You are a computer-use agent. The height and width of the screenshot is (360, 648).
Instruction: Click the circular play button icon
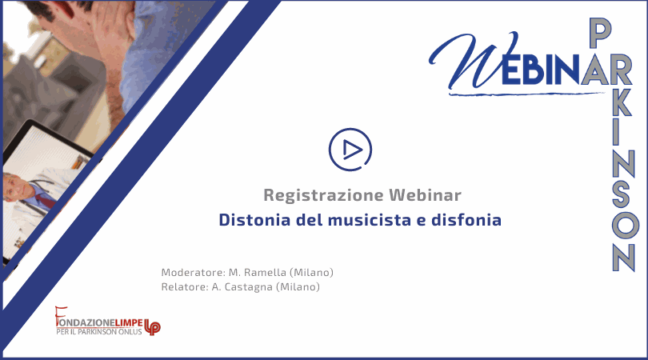pos(350,150)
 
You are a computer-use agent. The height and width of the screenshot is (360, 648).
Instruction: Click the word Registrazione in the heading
pos(323,195)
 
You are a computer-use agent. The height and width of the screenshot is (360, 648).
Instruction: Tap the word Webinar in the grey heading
pos(425,194)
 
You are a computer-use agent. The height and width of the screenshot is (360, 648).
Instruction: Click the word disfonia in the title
pos(466,220)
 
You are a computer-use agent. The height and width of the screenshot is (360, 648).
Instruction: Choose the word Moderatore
pos(193,272)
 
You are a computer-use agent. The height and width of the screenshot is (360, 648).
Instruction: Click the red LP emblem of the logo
pos(152,327)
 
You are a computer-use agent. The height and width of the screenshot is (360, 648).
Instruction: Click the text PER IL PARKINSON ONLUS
pos(99,331)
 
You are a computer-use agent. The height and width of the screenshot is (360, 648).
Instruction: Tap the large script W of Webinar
pos(473,60)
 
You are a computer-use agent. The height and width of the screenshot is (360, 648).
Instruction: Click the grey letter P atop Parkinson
pos(600,33)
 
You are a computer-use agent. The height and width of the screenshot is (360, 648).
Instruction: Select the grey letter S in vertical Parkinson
pos(621,194)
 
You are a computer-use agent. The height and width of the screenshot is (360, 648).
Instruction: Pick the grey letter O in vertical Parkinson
pos(626,226)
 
